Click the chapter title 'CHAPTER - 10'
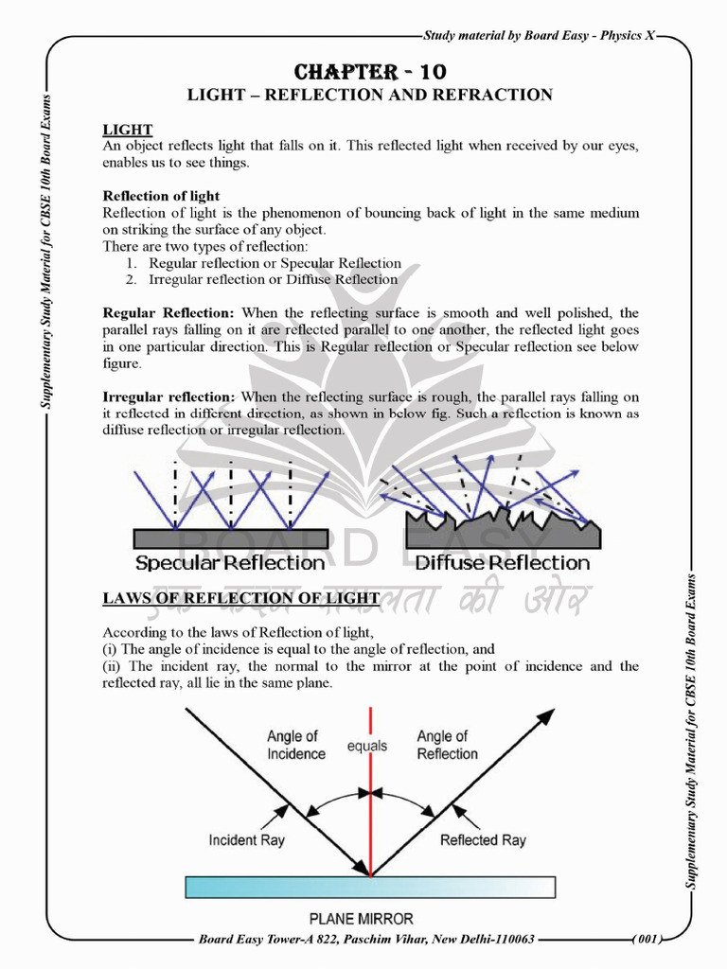click(x=370, y=73)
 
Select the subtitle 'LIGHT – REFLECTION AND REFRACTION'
click(x=370, y=96)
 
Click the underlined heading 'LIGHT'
click(x=128, y=130)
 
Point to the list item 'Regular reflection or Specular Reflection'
click(x=275, y=263)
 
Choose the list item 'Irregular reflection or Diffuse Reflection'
click(x=273, y=279)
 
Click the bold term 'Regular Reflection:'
click(x=168, y=312)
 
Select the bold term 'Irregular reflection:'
click(x=169, y=396)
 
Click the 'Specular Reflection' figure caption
click(x=230, y=563)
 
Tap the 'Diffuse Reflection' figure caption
click(x=503, y=563)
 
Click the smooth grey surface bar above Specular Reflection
click(x=230, y=538)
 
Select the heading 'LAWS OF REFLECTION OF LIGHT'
click(x=241, y=598)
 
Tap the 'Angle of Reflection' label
click(x=447, y=745)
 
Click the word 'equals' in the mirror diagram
click(x=366, y=746)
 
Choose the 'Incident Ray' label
click(x=246, y=839)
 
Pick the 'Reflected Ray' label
click(x=483, y=840)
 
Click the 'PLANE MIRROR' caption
click(x=361, y=918)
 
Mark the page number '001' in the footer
click(x=647, y=939)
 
